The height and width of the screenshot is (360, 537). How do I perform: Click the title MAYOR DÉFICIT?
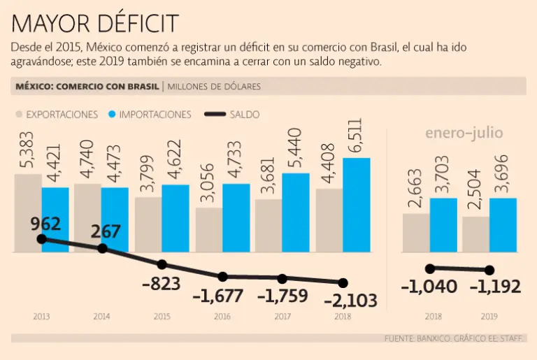coord(95,24)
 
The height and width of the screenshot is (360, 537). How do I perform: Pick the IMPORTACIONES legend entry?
coord(150,114)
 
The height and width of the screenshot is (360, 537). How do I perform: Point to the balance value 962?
coord(46,224)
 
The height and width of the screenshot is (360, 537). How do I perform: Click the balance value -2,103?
coord(350,301)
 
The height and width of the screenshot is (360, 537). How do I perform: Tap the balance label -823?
coord(161,284)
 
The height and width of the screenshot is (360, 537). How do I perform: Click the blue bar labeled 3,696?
coord(503,224)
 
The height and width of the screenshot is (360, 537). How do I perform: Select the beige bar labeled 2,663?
coord(416,232)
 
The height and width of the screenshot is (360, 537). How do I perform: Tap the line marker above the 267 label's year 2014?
coord(103,248)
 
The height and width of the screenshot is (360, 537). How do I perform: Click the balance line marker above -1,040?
coord(430,268)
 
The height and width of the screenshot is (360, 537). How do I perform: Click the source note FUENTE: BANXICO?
coord(420,338)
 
